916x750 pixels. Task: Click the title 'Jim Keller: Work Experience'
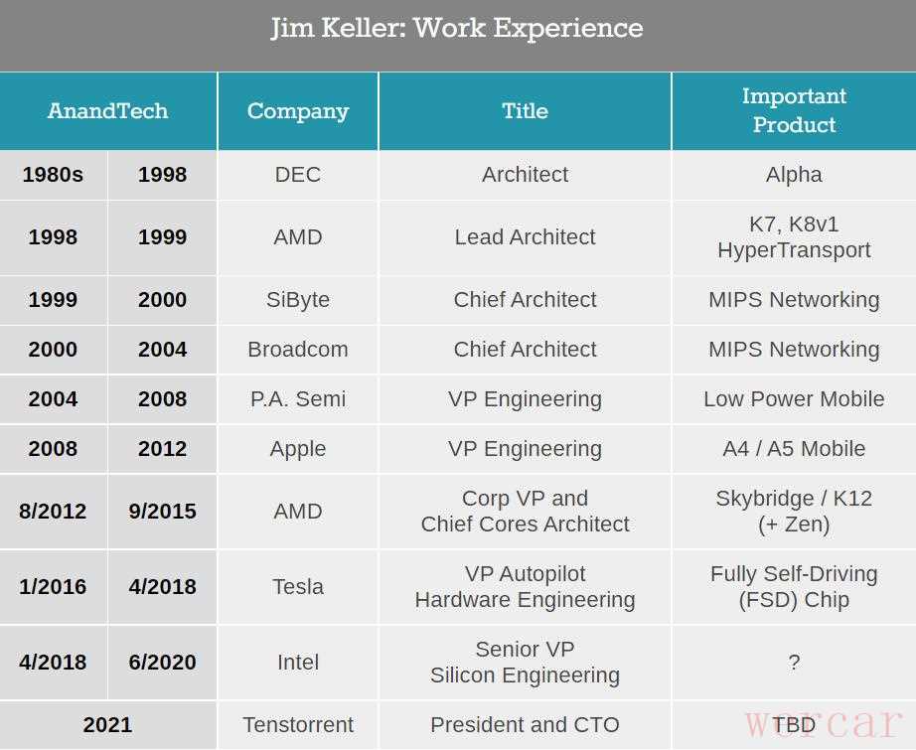tap(457, 28)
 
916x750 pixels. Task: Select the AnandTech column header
tap(107, 110)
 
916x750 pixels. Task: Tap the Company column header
tap(298, 110)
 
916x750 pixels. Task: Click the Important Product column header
tap(794, 110)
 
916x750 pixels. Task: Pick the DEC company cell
tap(298, 175)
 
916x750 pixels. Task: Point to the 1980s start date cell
tap(53, 175)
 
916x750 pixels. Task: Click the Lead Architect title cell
tap(525, 237)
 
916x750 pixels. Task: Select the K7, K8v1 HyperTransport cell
tap(794, 237)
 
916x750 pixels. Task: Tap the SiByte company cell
tap(298, 300)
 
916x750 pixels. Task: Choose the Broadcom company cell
tap(298, 350)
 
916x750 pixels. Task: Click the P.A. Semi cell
tap(298, 399)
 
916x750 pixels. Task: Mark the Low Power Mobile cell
tap(794, 399)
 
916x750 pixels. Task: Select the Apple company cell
tap(298, 449)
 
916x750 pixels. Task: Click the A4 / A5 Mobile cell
tap(794, 449)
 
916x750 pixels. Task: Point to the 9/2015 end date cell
tap(162, 512)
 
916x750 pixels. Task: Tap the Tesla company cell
tap(298, 587)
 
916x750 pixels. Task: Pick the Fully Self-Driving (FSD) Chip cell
tap(794, 587)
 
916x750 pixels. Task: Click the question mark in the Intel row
tap(794, 663)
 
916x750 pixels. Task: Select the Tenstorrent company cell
tap(298, 725)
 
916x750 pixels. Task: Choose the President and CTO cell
tap(525, 725)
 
